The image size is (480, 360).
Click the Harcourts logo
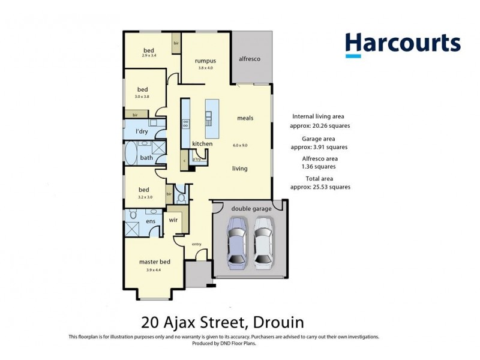402,45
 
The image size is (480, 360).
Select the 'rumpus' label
205,61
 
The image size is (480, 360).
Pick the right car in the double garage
263,243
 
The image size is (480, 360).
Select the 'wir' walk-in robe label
173,220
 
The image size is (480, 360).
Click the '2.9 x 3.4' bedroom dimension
149,56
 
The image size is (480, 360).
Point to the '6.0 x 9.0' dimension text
240,145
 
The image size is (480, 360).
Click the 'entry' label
196,244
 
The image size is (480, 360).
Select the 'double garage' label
251,208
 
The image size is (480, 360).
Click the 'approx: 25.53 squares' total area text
320,187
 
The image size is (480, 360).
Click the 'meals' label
245,118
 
